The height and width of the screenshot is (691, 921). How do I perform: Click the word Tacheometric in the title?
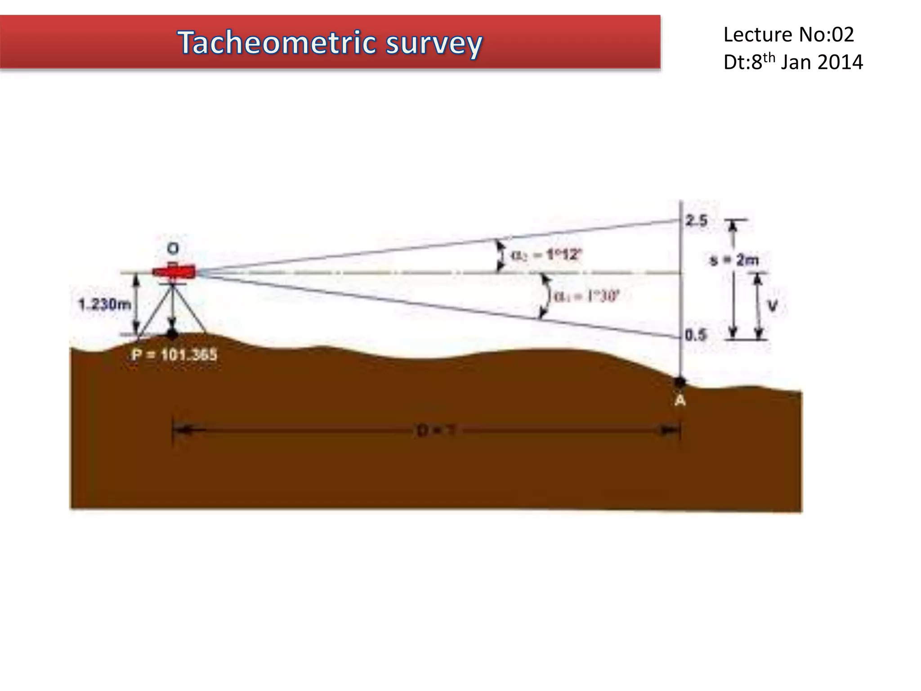(x=276, y=43)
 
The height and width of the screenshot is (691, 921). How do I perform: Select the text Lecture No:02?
(x=788, y=35)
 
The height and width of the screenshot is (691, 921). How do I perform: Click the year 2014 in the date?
(x=840, y=62)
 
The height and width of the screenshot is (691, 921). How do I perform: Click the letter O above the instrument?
(x=173, y=248)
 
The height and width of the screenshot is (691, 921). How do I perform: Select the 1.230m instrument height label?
(x=104, y=305)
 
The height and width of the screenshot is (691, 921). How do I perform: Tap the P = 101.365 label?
(x=174, y=355)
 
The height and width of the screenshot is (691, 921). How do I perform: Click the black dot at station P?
(x=172, y=334)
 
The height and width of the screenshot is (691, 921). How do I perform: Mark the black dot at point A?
(x=680, y=382)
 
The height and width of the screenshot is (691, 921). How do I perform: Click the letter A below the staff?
(x=680, y=400)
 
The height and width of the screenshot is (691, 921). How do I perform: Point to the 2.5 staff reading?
(x=696, y=220)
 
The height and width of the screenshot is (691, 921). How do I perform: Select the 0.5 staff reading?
(x=696, y=335)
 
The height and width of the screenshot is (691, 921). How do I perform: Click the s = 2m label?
(x=734, y=260)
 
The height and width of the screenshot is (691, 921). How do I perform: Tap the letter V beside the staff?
(x=772, y=306)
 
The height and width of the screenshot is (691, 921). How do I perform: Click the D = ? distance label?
(x=435, y=431)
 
